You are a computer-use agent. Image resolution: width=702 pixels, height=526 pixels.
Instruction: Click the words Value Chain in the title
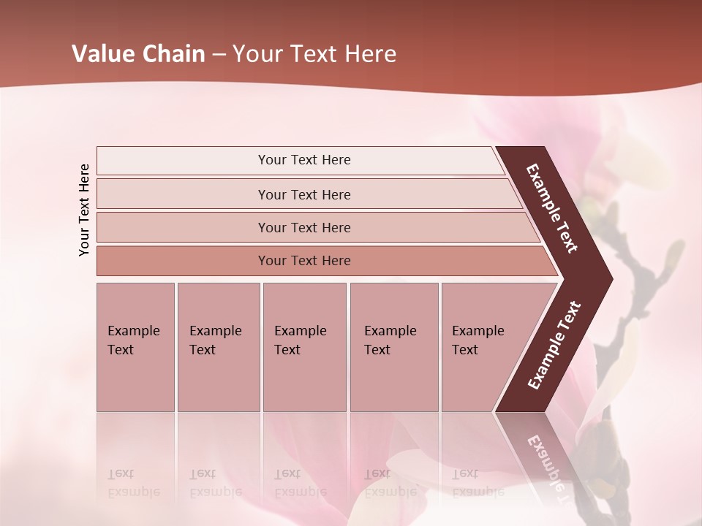click(138, 54)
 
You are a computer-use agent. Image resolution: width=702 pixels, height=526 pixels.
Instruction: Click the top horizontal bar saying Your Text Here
click(303, 160)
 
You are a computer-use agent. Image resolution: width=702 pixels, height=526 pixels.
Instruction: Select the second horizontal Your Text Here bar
click(303, 194)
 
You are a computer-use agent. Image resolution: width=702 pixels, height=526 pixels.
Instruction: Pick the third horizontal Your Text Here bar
click(303, 227)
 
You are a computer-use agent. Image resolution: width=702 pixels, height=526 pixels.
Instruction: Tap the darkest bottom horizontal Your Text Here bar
click(303, 261)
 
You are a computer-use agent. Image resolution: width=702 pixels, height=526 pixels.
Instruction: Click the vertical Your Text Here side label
click(84, 210)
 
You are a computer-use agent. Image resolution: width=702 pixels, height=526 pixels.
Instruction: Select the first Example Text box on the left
click(135, 346)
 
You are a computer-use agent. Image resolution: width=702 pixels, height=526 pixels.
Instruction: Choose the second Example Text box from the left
click(218, 346)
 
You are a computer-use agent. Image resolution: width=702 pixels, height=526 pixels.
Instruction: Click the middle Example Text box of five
click(304, 346)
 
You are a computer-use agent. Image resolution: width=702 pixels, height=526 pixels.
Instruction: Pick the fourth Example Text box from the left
click(394, 346)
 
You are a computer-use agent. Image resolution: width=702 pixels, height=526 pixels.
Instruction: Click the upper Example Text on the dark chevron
click(552, 208)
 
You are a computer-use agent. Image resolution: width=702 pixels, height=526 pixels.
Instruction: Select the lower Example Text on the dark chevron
click(554, 346)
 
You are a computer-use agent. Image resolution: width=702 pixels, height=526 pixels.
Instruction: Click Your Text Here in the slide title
click(314, 54)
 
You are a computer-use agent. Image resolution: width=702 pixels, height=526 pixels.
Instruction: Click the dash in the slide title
click(219, 55)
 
